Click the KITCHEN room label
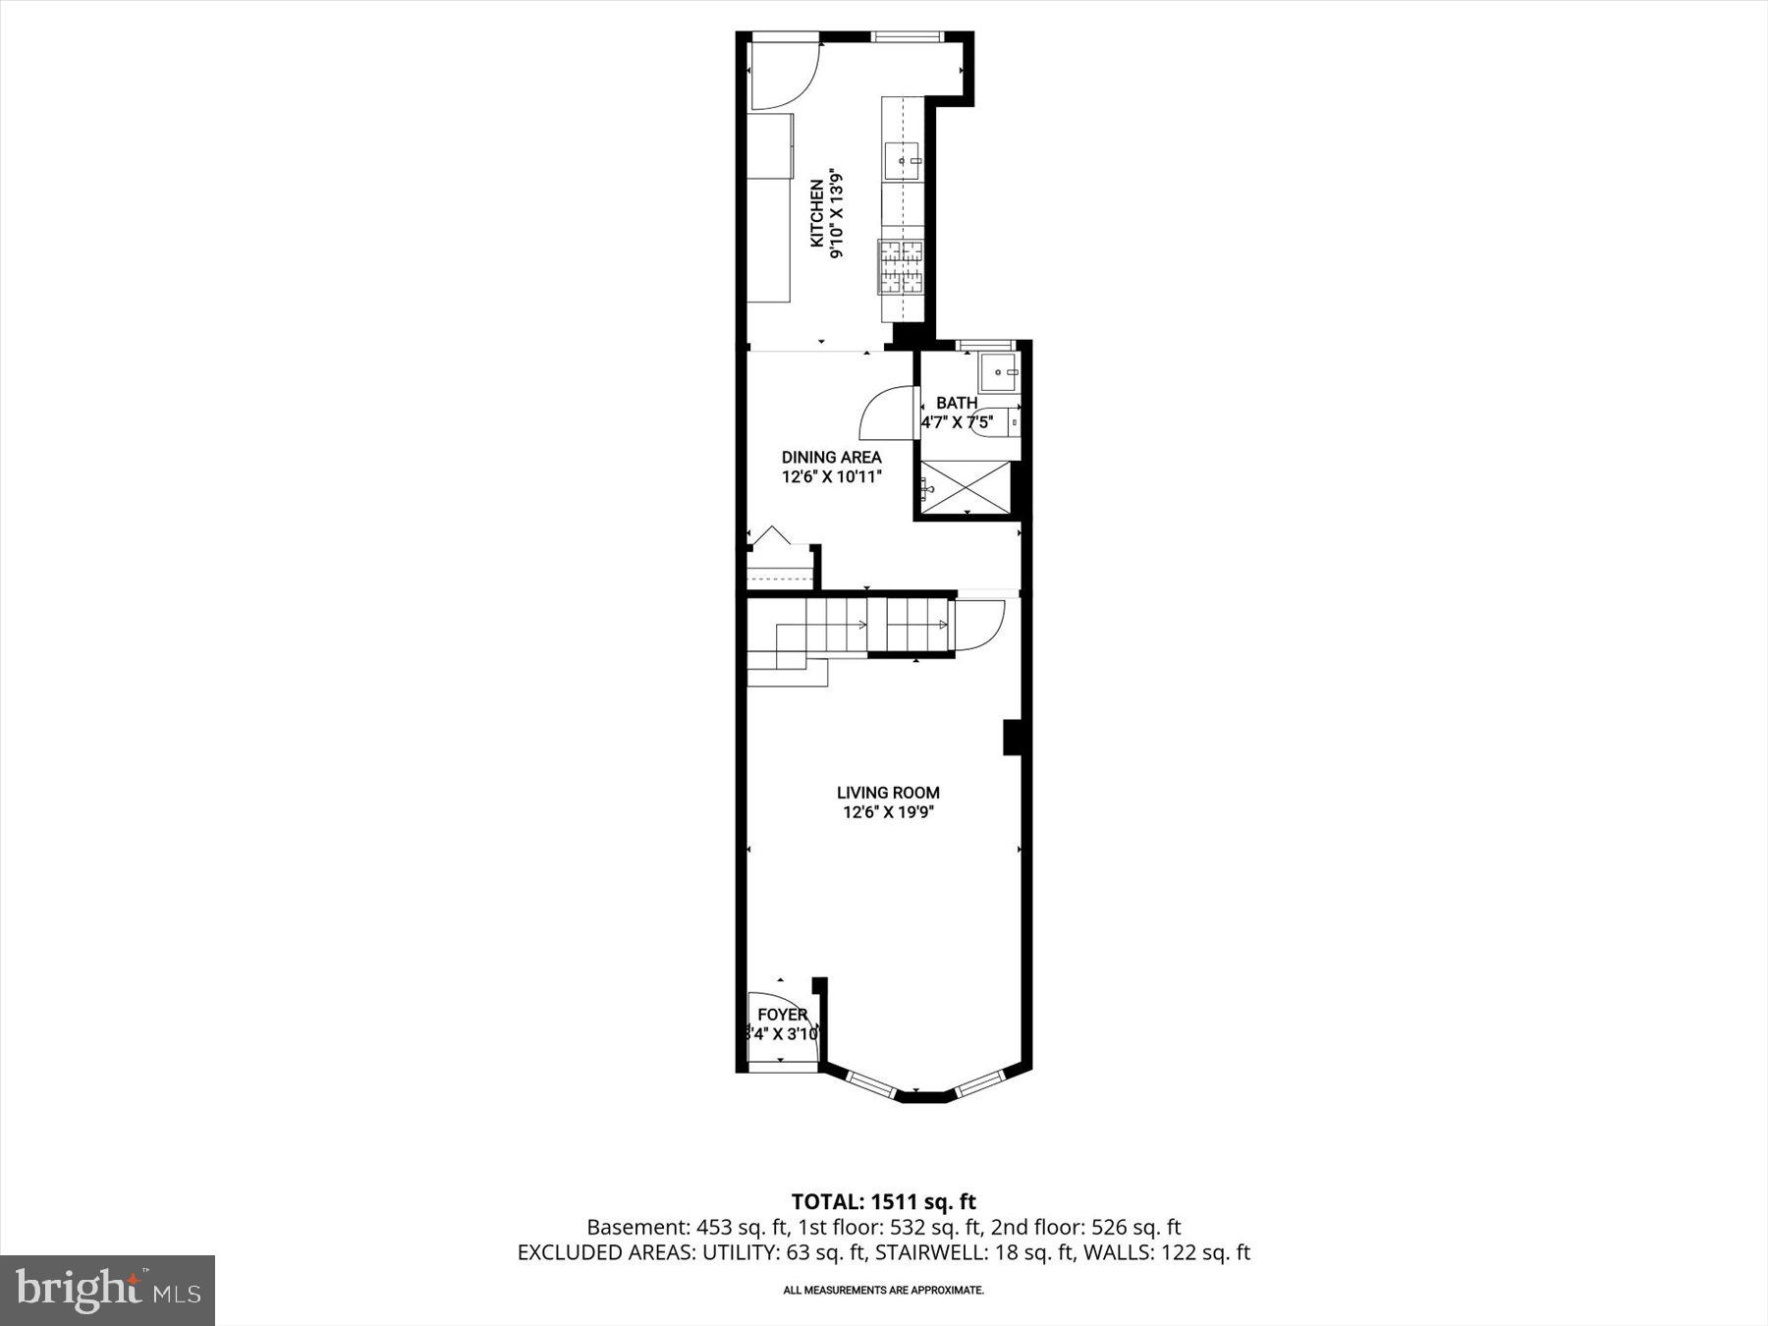(x=816, y=212)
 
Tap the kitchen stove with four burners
(x=902, y=267)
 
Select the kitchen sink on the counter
(x=902, y=160)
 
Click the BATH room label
(x=956, y=403)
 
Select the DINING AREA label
(x=831, y=457)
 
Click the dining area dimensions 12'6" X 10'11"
(x=831, y=477)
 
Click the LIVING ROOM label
(x=888, y=793)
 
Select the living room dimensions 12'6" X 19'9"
(x=888, y=812)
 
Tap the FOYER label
(x=782, y=1015)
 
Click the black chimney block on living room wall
(x=1012, y=738)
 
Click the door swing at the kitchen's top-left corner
(x=783, y=76)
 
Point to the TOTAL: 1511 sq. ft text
(x=883, y=1201)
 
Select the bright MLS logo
(x=107, y=1290)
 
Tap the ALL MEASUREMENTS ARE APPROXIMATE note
(x=883, y=1290)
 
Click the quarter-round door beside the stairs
(x=978, y=625)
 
